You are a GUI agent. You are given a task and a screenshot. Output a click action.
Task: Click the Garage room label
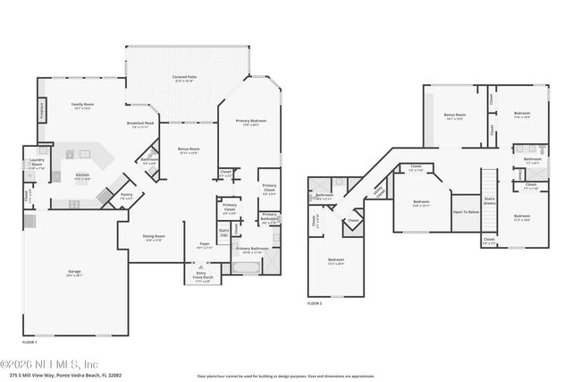click(x=75, y=271)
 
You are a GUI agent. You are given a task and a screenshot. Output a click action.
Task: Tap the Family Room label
click(x=83, y=105)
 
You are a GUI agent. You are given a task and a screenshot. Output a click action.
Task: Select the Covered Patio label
click(x=185, y=79)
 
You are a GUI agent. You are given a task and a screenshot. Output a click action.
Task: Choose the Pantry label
click(x=127, y=196)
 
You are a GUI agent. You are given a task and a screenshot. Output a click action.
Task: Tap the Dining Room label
click(x=155, y=238)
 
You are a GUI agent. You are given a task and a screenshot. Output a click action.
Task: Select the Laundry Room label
click(x=38, y=163)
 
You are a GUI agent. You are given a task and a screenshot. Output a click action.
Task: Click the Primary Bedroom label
click(x=252, y=122)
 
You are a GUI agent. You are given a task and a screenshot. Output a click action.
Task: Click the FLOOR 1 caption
click(x=29, y=343)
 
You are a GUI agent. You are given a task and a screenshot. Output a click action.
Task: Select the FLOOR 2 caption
click(x=315, y=304)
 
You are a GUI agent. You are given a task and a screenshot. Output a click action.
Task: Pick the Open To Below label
click(x=465, y=213)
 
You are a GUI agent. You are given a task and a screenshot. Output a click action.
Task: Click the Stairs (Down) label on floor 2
click(x=490, y=201)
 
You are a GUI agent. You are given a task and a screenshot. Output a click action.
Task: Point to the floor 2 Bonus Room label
click(x=454, y=116)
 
